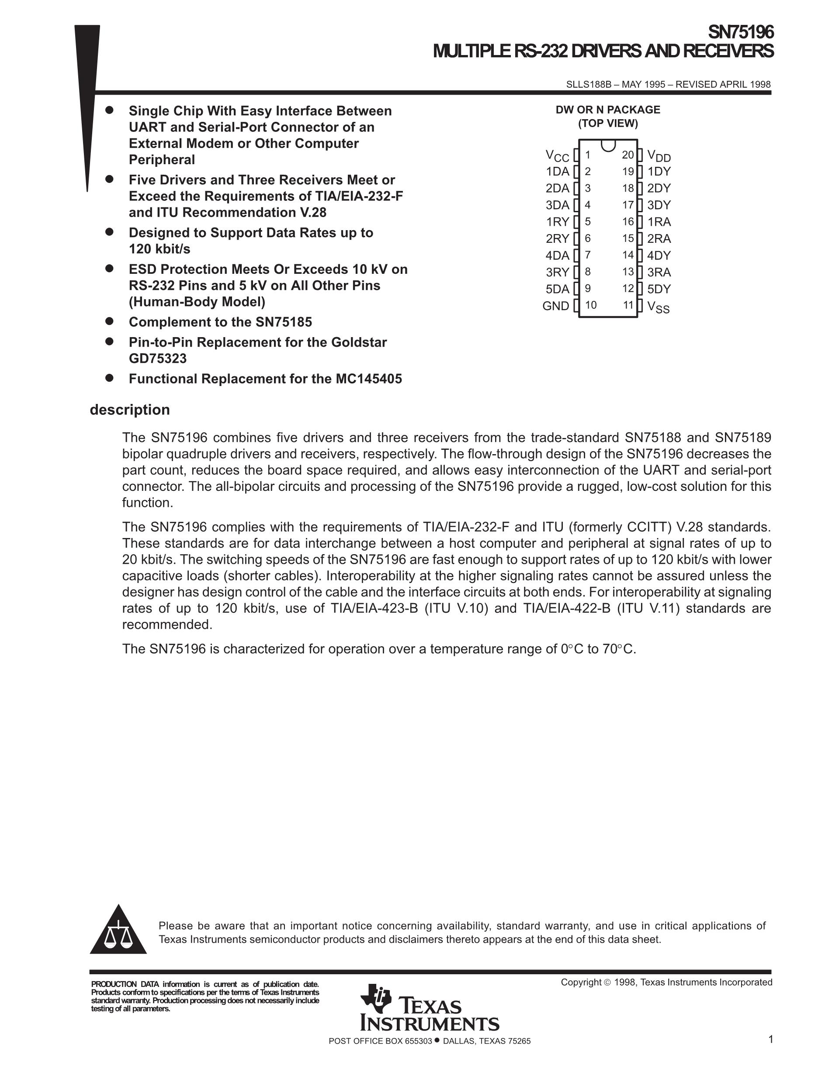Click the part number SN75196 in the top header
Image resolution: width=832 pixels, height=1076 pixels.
[740, 32]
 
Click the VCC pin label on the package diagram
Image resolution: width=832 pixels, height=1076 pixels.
[557, 156]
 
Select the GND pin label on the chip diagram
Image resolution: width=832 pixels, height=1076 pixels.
[555, 306]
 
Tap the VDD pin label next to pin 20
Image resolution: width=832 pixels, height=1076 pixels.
[659, 156]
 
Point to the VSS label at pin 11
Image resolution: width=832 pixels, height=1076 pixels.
[659, 307]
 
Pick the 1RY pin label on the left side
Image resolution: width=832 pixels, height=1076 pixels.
[558, 222]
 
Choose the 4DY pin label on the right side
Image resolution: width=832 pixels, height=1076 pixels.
[659, 255]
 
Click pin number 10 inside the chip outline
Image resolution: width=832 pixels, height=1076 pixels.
[590, 305]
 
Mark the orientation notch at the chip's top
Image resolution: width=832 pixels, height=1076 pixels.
[608, 145]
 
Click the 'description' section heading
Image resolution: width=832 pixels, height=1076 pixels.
[130, 410]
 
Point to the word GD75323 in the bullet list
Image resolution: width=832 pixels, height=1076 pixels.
[158, 359]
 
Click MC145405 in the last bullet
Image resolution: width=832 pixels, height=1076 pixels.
[369, 379]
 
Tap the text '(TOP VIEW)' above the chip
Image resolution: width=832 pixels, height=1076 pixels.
[608, 123]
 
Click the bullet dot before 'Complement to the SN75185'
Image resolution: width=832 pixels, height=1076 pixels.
[109, 321]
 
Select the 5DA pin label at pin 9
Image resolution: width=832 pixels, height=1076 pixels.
[558, 289]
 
